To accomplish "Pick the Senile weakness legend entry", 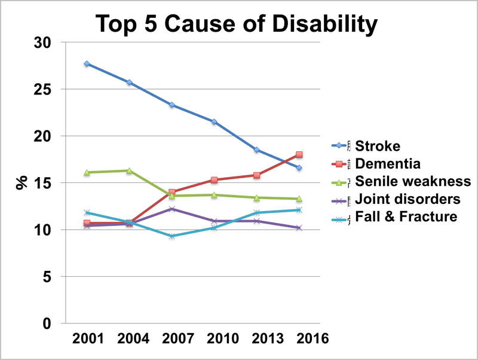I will pos(413,181).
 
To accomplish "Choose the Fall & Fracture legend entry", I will pos(406,216).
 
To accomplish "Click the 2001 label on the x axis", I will pos(87,338).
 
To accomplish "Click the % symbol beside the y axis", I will pos(22,182).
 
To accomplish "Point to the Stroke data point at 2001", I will pos(87,63).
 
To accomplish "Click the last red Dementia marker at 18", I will pos(299,155).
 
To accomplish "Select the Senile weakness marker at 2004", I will pos(129,170).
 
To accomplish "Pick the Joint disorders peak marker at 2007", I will pos(171,209).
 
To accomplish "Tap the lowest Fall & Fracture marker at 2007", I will pos(171,236).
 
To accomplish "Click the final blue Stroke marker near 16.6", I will pos(299,168).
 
